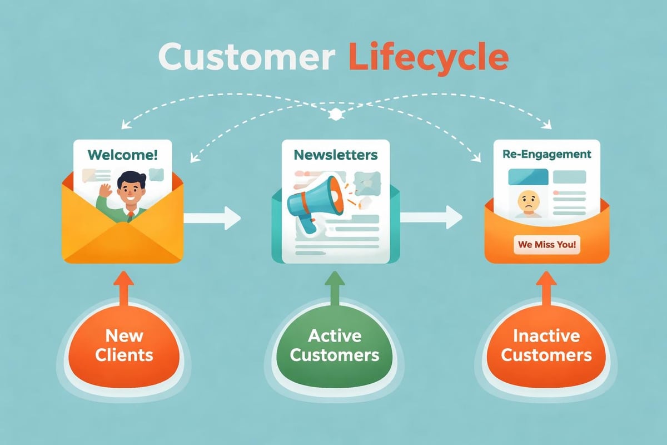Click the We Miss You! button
(x=547, y=244)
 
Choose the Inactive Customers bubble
(x=546, y=345)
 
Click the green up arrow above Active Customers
(x=334, y=288)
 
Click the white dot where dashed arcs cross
(x=335, y=115)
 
